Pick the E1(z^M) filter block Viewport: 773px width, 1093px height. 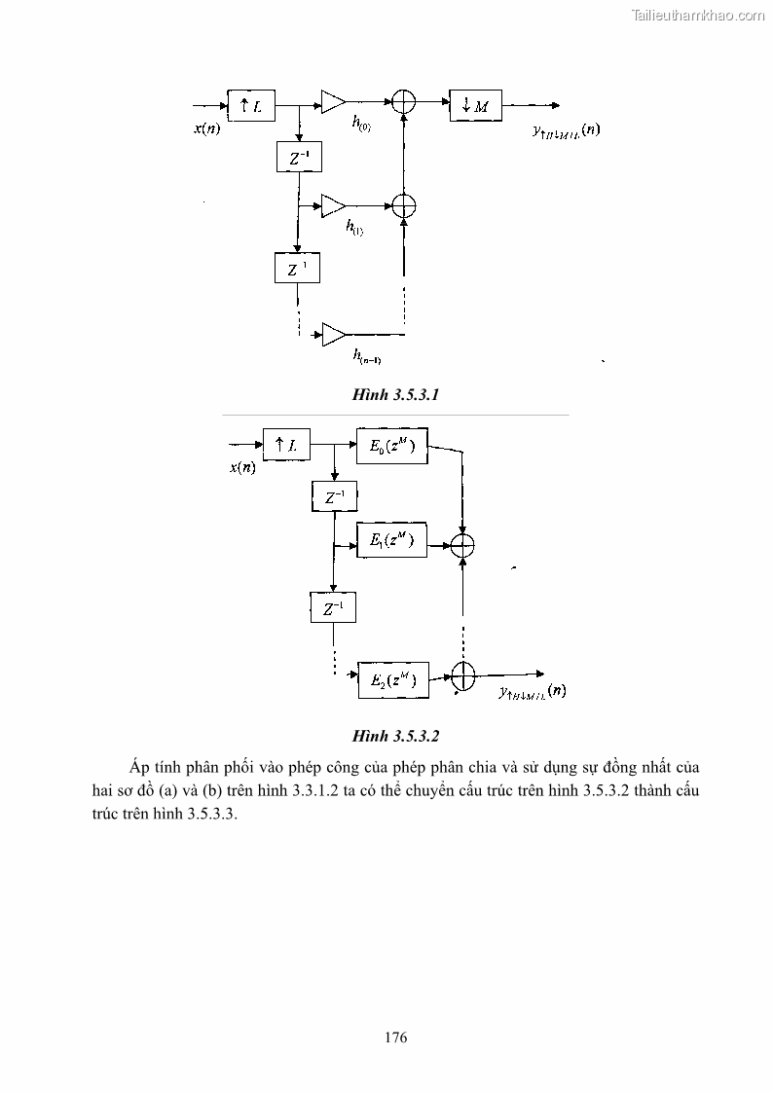(392, 542)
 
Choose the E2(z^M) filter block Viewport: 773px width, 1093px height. (392, 678)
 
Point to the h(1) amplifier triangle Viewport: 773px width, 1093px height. (333, 205)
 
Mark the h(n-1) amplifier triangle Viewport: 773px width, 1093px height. (333, 334)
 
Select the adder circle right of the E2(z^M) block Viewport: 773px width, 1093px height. (463, 674)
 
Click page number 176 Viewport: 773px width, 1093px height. (394, 1037)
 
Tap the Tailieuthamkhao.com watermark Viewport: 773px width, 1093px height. (699, 16)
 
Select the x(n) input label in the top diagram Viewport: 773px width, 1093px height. (206, 128)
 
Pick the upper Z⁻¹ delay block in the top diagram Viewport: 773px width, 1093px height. (297, 156)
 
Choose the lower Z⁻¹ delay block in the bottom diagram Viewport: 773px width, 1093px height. (333, 609)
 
